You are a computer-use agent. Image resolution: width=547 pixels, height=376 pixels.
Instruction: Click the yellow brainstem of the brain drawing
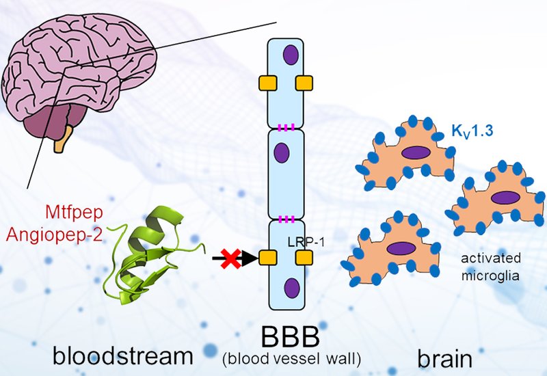coord(62,142)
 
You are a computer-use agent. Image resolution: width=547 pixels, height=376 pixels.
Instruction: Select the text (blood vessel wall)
coord(290,358)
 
